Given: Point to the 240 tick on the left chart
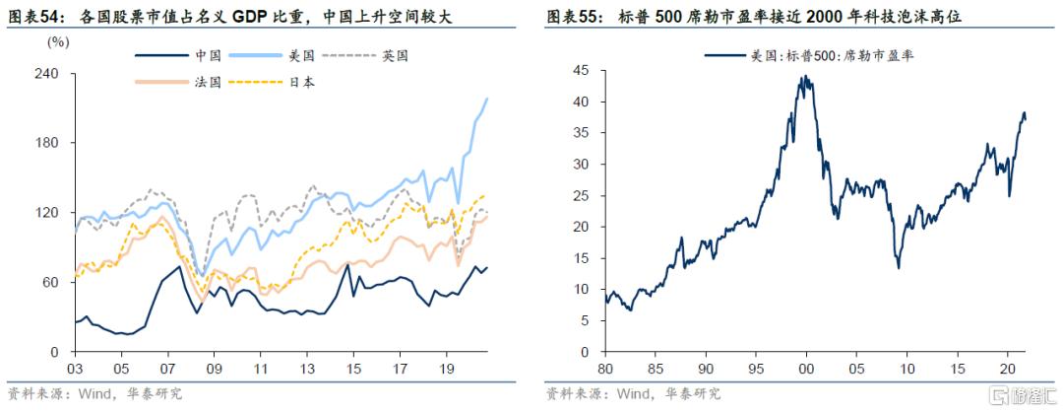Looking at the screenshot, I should [47, 74].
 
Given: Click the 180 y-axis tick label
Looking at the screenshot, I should [47, 143].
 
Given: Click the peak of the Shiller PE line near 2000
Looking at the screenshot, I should [805, 77].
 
